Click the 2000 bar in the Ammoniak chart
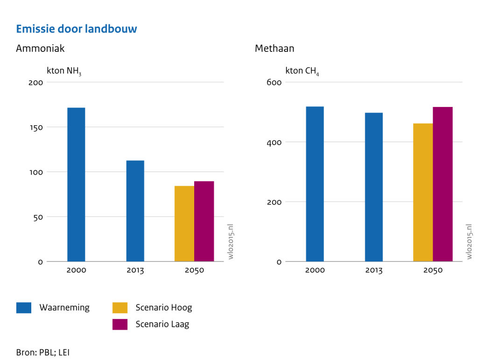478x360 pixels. (76, 184)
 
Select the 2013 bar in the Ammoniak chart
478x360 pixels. (135, 211)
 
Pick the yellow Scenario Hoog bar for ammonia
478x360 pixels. (184, 224)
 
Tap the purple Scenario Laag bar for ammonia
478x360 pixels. (204, 221)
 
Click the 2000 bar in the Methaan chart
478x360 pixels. (315, 184)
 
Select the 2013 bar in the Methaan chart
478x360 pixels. (374, 187)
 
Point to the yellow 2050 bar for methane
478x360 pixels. (423, 192)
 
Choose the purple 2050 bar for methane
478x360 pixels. (443, 184)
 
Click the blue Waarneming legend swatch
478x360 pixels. (24, 308)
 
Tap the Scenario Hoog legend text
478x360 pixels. (163, 308)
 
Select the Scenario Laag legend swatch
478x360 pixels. (120, 324)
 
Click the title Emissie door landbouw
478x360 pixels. (77, 29)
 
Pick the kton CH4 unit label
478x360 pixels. (302, 71)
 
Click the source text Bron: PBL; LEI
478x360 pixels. (42, 353)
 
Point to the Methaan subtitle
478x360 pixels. (274, 49)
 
